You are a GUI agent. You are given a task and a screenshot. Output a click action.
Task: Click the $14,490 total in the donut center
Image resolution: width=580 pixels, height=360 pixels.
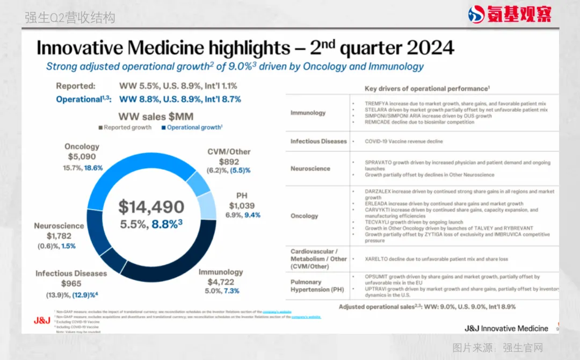point(151,207)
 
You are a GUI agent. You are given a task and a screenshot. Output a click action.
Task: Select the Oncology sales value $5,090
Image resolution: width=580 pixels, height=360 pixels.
point(82,157)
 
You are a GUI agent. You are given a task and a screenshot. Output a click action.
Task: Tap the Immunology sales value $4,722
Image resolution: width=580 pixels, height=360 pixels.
point(221,282)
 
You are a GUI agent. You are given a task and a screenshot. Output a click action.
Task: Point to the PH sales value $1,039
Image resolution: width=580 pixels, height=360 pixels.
point(242,205)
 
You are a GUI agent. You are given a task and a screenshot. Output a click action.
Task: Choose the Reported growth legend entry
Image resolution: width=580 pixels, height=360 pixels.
point(126,127)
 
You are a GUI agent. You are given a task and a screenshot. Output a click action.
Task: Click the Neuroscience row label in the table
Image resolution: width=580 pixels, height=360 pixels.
point(310,168)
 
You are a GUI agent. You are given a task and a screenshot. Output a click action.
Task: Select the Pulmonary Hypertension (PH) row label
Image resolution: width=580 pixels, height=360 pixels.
point(317,285)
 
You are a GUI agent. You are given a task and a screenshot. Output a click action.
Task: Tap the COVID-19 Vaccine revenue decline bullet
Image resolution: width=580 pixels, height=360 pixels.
point(404,141)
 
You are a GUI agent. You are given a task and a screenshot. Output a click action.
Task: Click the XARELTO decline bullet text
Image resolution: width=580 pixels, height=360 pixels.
point(436,259)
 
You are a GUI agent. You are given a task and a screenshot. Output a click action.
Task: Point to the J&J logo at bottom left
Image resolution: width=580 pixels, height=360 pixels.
point(42,321)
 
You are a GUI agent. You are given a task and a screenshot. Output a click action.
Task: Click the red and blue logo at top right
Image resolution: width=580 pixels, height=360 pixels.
point(509,14)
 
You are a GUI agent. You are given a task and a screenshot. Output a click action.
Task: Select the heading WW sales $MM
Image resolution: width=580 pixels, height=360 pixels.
point(156,116)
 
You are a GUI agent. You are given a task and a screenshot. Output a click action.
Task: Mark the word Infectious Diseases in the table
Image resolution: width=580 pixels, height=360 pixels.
point(318,141)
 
